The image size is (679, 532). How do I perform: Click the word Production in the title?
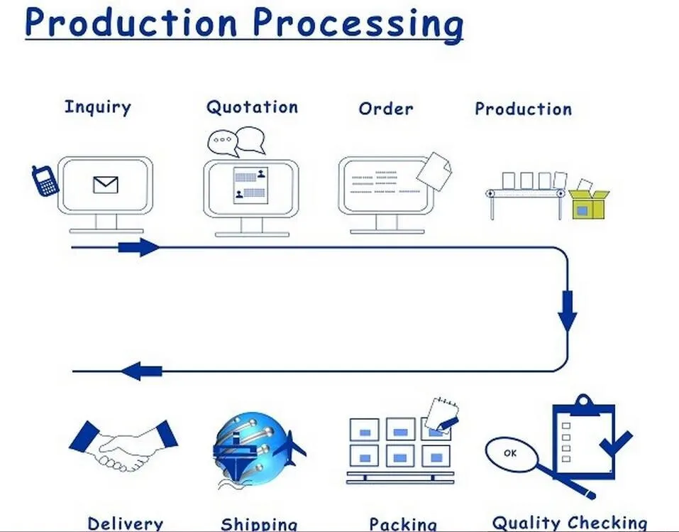pos(131,22)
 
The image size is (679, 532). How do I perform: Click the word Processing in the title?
pos(358,24)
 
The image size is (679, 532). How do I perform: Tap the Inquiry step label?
pos(97,107)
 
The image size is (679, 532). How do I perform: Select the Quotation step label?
pos(252,107)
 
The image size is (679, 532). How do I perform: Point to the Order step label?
pos(386,109)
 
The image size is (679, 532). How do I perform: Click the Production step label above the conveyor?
pos(523,109)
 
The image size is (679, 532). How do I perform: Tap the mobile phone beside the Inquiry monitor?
pos(45,180)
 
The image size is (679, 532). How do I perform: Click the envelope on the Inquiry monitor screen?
pos(106,185)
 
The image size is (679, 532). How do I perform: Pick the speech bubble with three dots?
pos(223,142)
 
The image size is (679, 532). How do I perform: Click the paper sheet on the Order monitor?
pos(434,171)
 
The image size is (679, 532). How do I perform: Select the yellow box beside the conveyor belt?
pos(588,203)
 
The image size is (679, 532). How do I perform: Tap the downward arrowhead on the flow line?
pos(568,311)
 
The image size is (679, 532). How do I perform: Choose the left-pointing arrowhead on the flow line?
pos(141,371)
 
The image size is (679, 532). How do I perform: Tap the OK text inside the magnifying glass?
pos(510,453)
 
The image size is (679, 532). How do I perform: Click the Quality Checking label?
pos(570,523)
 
